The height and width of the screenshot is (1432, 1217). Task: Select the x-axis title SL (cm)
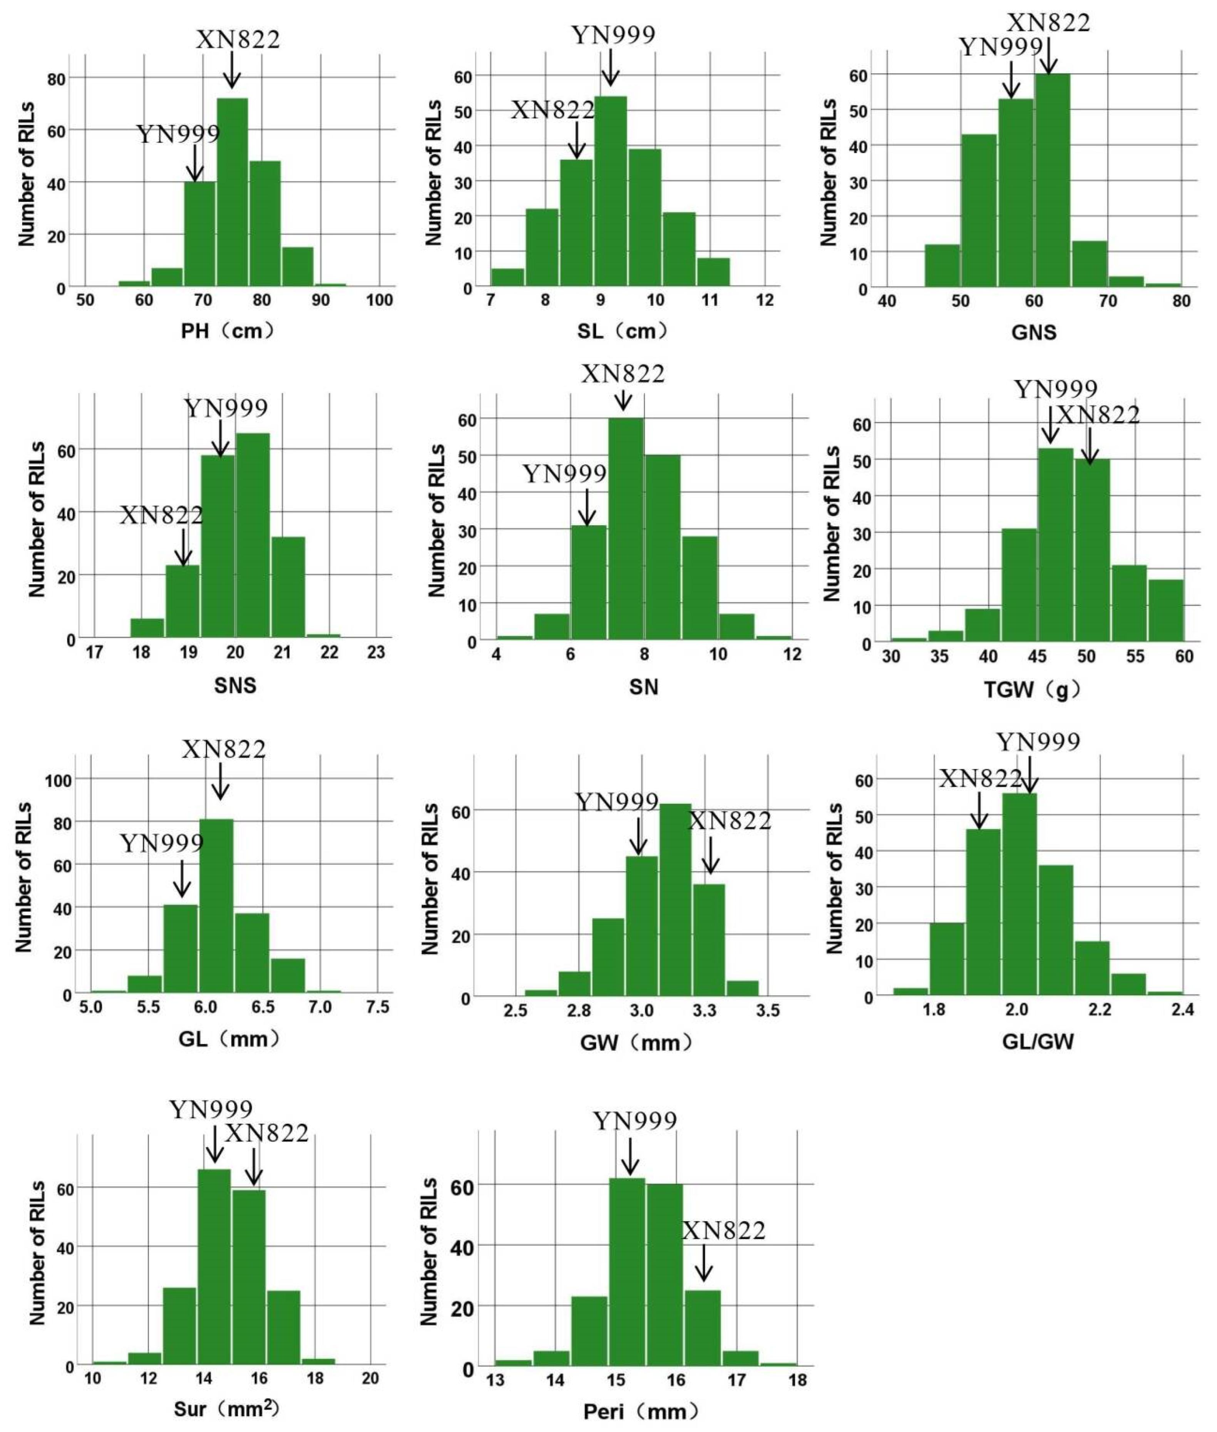623,331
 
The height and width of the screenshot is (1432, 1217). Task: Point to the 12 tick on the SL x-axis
764,300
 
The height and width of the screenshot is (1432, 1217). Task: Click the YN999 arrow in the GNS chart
1011,79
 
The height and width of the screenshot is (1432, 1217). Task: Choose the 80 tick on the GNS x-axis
1181,301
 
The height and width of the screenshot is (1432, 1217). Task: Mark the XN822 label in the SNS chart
161,515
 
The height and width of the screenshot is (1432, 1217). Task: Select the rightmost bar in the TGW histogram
1166,610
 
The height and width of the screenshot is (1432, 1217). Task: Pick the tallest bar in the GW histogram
675,900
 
